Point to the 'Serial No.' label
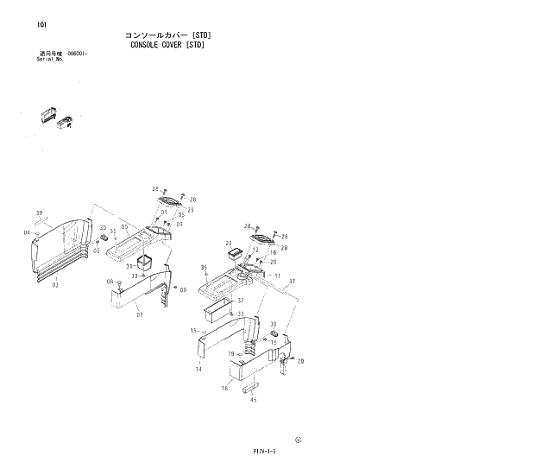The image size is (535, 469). [x=50, y=60]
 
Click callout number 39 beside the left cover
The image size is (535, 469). [x=39, y=212]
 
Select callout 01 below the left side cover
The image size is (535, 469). [x=55, y=283]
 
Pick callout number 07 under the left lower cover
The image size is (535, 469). [x=110, y=282]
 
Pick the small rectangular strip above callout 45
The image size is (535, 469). [x=255, y=385]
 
